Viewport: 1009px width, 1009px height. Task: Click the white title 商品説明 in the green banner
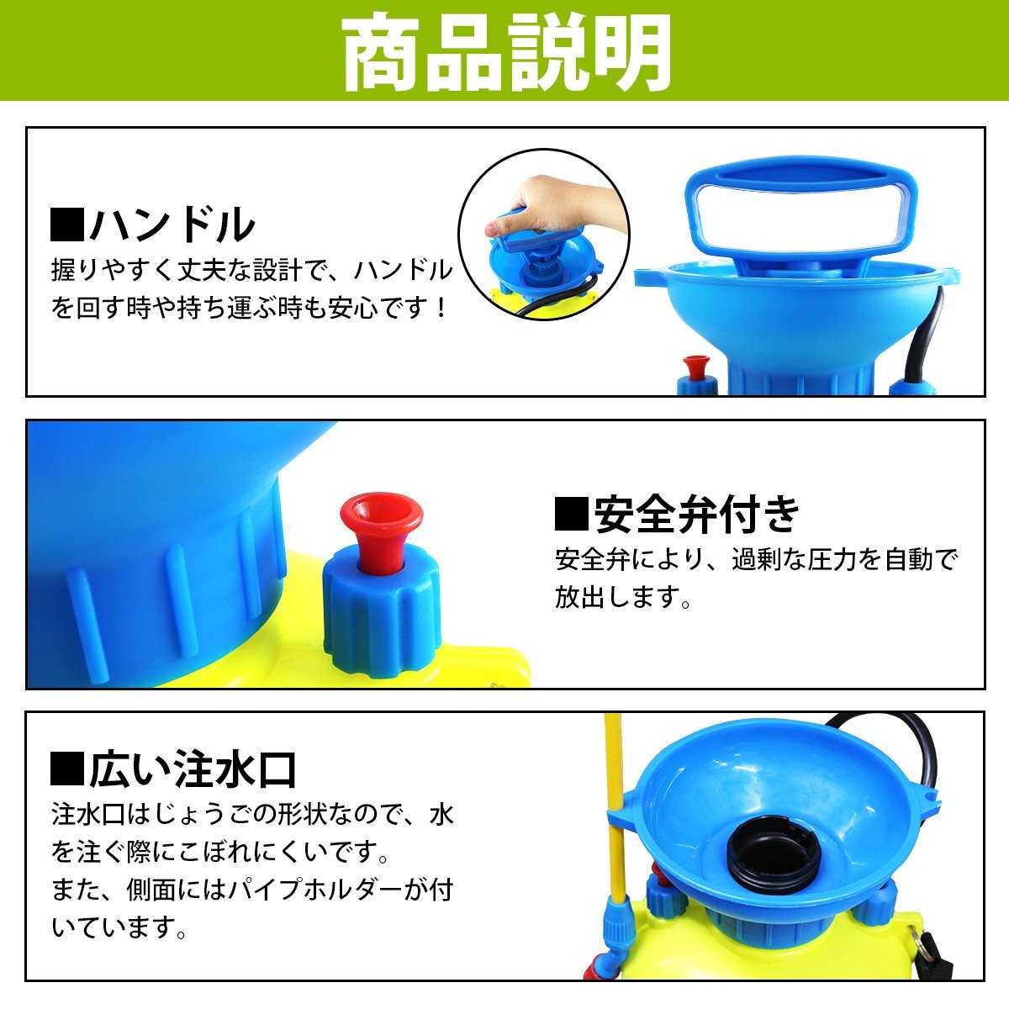click(x=506, y=53)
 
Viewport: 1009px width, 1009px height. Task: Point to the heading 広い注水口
click(x=193, y=769)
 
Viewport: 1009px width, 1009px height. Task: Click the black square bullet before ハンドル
click(x=67, y=225)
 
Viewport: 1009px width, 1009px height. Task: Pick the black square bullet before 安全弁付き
click(x=572, y=515)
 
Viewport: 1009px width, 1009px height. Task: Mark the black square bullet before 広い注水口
click(x=67, y=769)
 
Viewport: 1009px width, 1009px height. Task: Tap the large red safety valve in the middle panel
click(x=381, y=529)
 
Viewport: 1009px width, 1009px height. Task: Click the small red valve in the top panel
click(x=697, y=367)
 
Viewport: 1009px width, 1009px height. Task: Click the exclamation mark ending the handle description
click(x=441, y=308)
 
